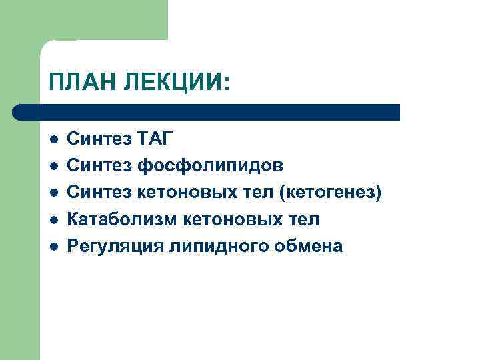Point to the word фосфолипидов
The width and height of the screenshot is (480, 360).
[x=212, y=165]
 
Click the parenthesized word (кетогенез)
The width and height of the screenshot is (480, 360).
[x=331, y=193]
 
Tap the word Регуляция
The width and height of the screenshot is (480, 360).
[x=116, y=246]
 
